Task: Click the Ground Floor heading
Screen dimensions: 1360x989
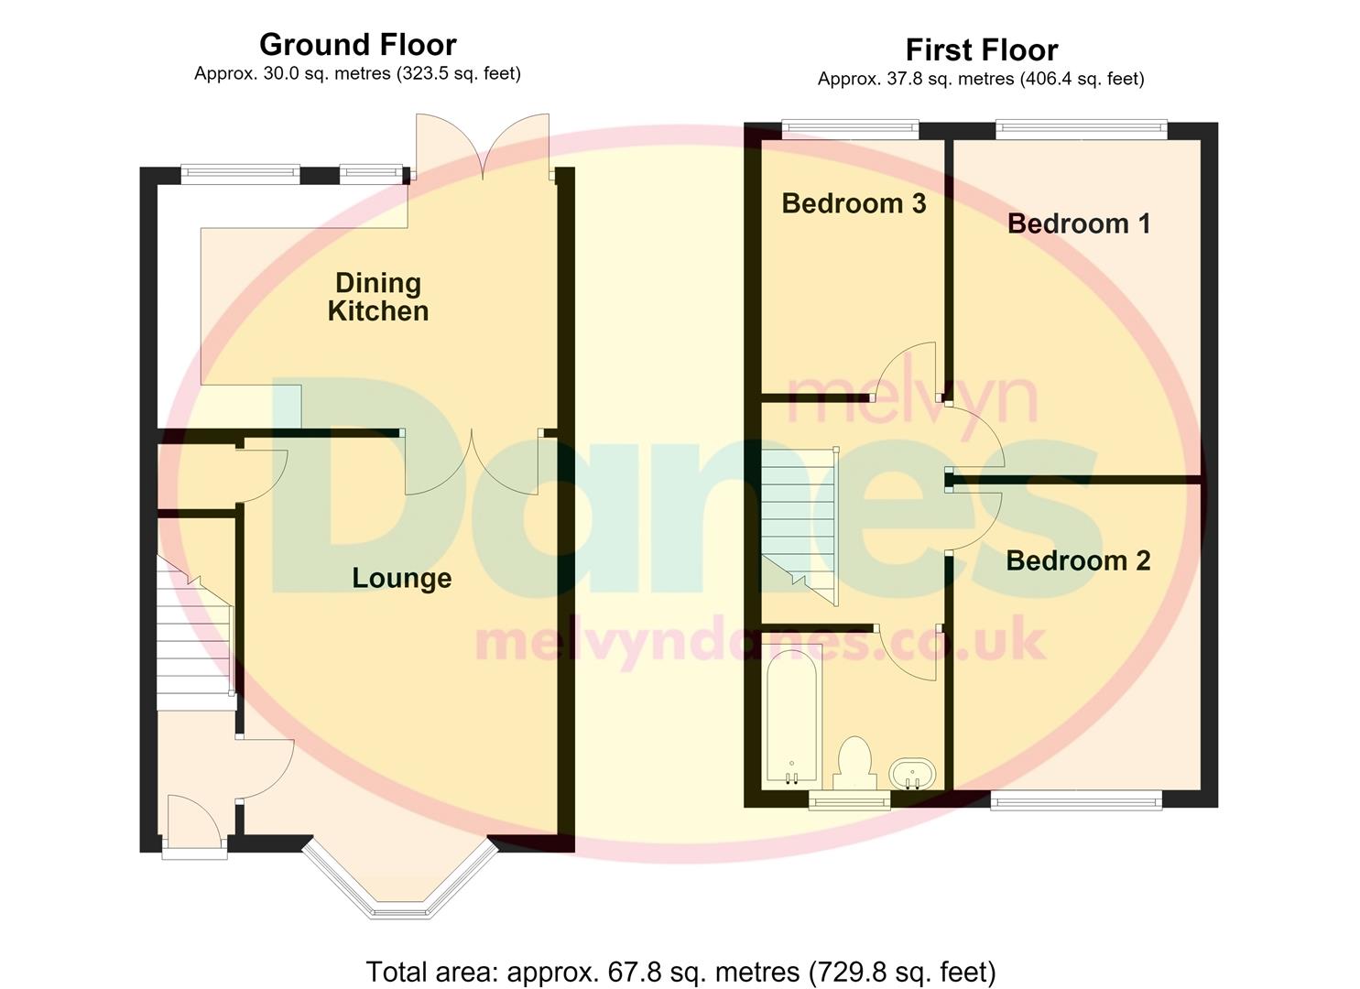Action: [357, 45]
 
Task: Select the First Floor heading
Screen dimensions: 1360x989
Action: [982, 49]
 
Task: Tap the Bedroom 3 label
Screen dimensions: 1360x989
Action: [854, 203]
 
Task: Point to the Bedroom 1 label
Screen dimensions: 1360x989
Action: [1079, 223]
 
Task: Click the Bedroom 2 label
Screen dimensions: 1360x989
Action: [1078, 560]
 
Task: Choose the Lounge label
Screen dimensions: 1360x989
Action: [402, 578]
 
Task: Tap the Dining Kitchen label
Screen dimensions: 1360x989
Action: [378, 297]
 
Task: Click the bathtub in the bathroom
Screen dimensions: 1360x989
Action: [791, 715]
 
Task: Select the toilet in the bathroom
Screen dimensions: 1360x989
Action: [854, 764]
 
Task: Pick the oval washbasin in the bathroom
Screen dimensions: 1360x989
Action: [912, 774]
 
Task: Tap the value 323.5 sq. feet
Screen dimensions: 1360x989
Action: [458, 74]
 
